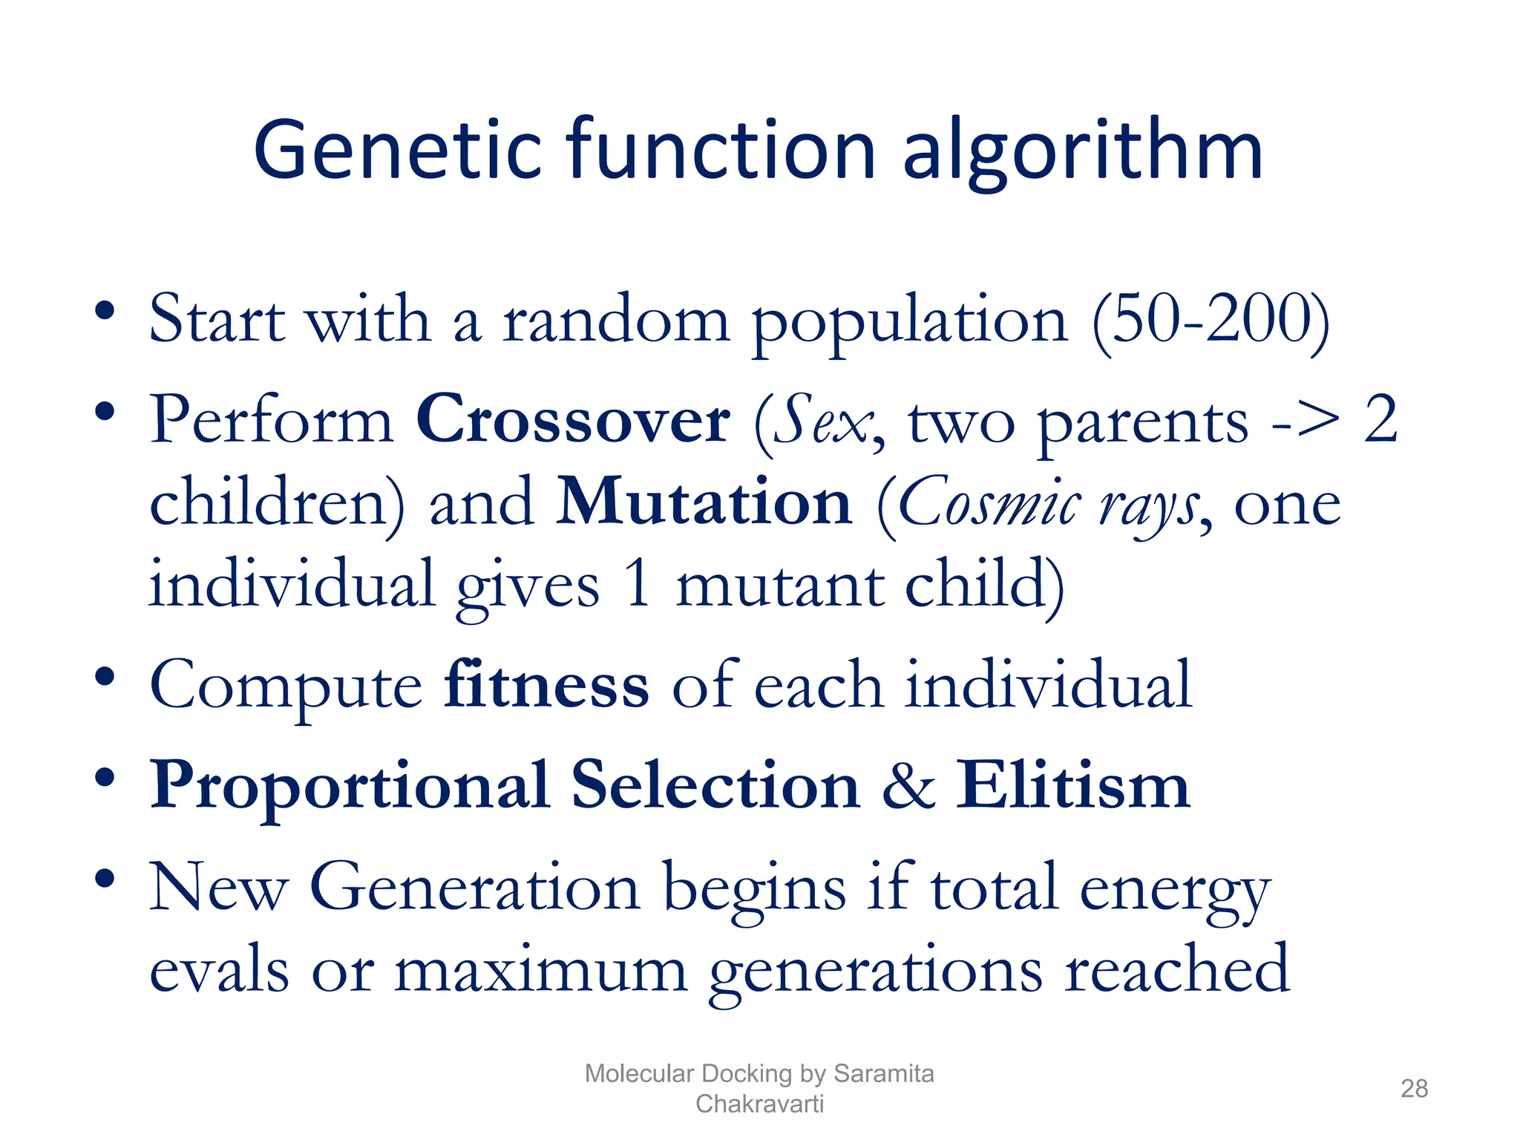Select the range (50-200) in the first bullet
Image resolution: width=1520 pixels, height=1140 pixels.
tap(1211, 321)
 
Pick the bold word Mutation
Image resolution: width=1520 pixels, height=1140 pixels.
tap(704, 502)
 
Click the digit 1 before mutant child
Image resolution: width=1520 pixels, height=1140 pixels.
tap(637, 585)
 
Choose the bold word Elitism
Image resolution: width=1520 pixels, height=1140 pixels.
tap(1072, 785)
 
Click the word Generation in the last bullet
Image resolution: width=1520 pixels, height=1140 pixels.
tap(474, 888)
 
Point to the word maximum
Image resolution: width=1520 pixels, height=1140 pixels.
tap(540, 970)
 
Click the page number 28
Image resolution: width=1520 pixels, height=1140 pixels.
tap(1414, 1089)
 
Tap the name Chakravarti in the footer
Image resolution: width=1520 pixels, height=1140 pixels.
tap(759, 1104)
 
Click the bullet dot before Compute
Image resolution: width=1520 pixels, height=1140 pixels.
tap(105, 676)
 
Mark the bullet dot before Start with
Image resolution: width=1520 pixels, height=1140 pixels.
tap(105, 310)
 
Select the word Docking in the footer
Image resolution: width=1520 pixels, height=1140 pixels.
tap(746, 1073)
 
